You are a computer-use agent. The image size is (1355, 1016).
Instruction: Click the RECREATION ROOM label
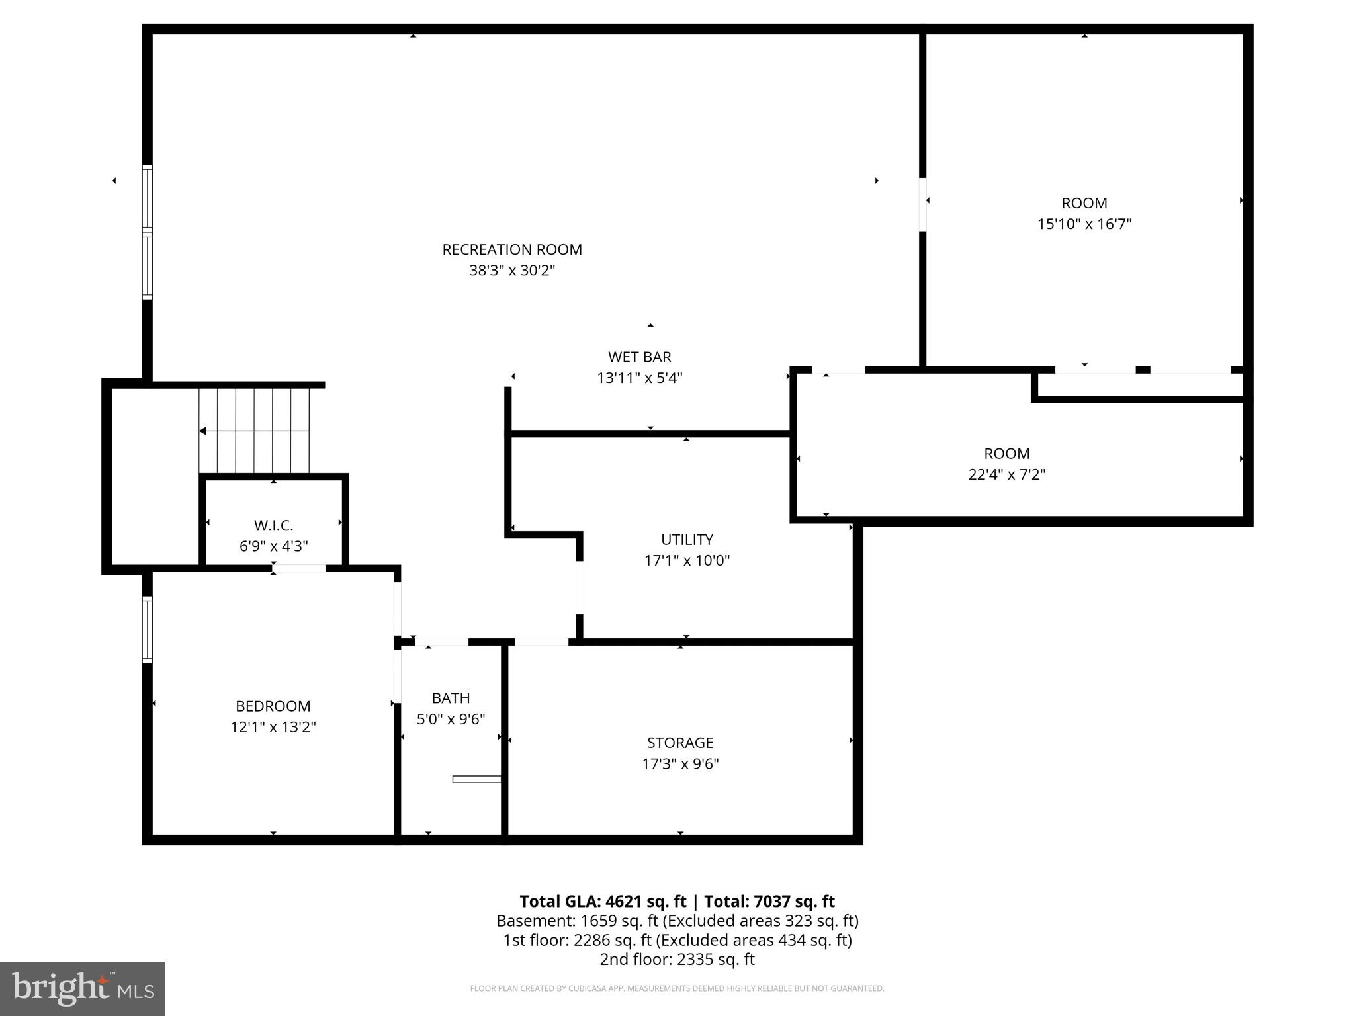click(511, 249)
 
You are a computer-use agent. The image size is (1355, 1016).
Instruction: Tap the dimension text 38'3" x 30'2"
click(511, 271)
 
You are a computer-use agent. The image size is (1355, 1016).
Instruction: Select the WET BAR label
click(639, 357)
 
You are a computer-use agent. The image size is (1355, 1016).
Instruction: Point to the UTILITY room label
click(687, 539)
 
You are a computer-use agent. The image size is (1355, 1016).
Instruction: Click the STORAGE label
click(679, 743)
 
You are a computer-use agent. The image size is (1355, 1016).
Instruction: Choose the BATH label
click(451, 698)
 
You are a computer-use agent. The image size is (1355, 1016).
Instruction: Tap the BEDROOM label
click(273, 706)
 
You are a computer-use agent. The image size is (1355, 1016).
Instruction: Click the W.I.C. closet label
click(273, 525)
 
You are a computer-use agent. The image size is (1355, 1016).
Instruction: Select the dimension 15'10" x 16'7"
click(1084, 224)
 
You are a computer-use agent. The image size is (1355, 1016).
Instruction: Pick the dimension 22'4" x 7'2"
click(1006, 474)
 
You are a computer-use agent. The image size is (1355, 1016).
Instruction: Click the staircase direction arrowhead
click(202, 431)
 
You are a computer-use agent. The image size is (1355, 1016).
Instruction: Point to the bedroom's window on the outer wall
click(148, 629)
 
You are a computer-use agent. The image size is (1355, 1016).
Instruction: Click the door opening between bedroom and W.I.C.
click(298, 568)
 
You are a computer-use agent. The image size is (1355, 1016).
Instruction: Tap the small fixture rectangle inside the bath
click(476, 779)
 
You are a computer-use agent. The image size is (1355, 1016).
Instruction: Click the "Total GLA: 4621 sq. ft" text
click(603, 902)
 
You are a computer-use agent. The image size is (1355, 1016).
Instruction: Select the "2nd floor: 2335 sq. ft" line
click(677, 959)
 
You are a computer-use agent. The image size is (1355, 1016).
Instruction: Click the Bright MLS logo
click(83, 988)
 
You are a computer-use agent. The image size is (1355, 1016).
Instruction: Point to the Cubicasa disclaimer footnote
click(677, 988)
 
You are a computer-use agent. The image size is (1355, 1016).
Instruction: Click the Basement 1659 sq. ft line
click(677, 921)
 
